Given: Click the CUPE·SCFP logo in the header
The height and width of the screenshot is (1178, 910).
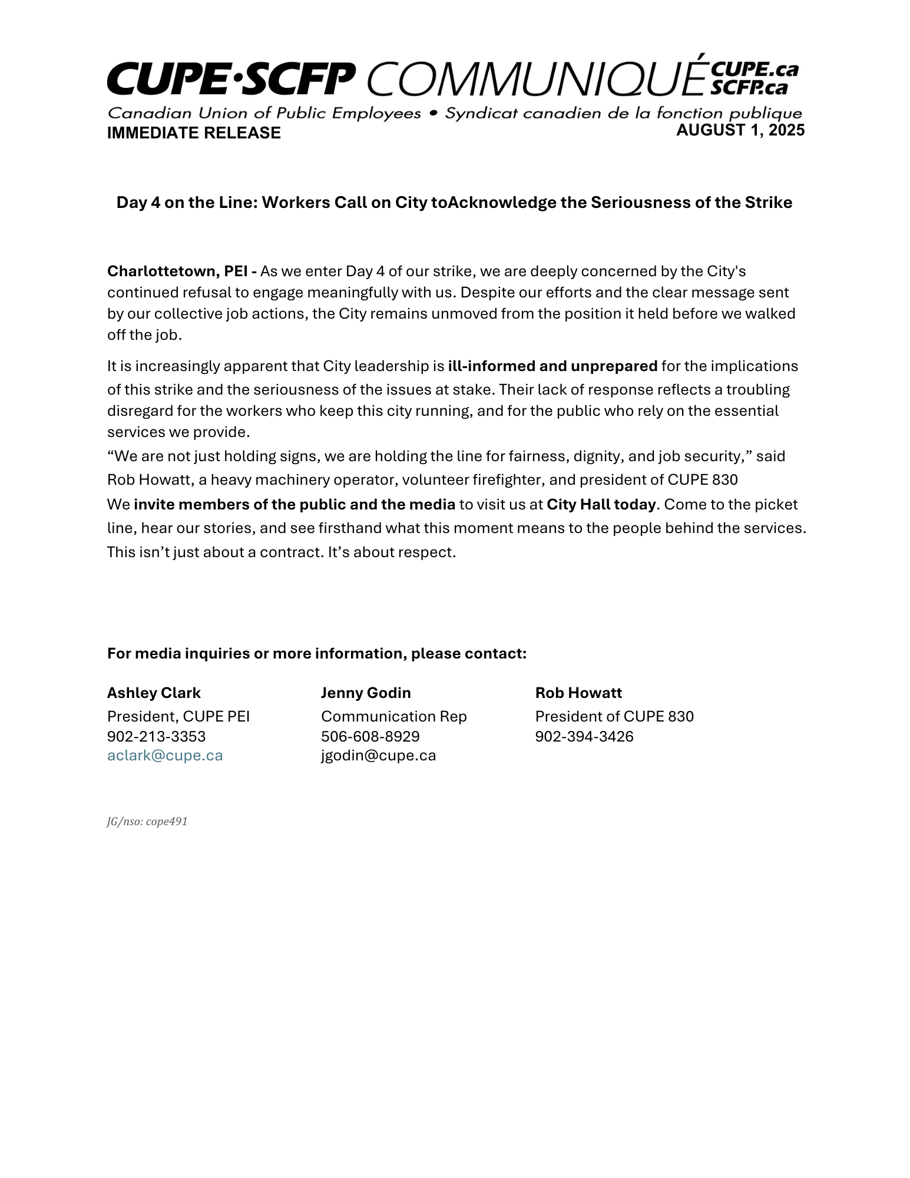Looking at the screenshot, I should coord(231,79).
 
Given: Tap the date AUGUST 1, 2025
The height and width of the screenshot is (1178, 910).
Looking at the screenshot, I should coord(740,130).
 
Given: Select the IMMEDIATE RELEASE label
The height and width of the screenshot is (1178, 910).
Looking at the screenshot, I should coord(194,133).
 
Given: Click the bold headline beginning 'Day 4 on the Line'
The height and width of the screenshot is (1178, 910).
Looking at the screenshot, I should coord(454,203).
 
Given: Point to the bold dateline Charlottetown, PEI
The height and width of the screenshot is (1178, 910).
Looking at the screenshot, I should coord(181,272).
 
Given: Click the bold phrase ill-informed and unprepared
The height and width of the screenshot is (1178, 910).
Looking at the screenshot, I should coord(552,366).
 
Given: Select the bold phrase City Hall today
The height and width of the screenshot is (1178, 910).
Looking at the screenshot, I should coord(601,505).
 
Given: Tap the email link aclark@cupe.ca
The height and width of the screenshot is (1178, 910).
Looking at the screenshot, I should coord(165,756).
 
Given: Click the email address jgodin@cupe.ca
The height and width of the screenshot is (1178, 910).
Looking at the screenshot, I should coord(378,756).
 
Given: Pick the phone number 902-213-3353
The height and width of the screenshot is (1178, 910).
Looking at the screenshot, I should coord(156,737).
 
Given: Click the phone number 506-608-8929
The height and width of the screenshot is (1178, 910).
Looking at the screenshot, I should coord(370,737).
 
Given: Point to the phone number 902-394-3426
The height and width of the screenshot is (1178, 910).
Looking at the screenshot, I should coord(584,737).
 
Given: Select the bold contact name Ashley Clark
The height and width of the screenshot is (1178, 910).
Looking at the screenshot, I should coord(154,693).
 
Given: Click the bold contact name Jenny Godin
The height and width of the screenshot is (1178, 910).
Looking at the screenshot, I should coord(366,693).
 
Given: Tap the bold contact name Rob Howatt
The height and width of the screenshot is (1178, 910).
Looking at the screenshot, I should coord(578,693).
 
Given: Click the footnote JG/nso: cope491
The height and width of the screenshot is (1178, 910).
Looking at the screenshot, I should coord(147,822).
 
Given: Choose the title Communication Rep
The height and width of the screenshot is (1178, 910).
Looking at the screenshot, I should coord(393,717).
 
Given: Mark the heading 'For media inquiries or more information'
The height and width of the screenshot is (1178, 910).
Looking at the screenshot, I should coord(316,654).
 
